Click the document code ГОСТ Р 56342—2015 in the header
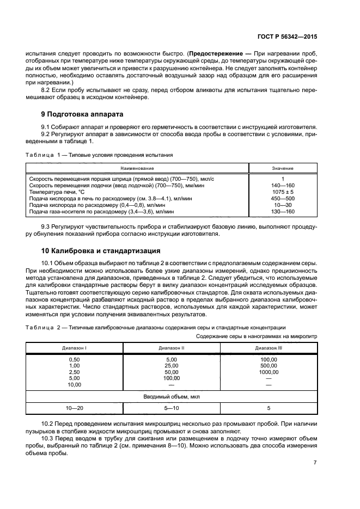(x=288, y=37)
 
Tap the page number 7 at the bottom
(x=315, y=463)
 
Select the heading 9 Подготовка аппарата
(x=82, y=114)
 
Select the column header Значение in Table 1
(x=283, y=168)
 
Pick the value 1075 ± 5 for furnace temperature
(x=283, y=192)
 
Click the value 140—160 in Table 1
(x=283, y=185)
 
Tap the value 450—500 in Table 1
(x=283, y=198)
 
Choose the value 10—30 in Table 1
(x=283, y=205)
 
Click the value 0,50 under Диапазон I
(x=74, y=359)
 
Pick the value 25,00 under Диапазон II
(x=172, y=366)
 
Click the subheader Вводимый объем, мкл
(x=172, y=397)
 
